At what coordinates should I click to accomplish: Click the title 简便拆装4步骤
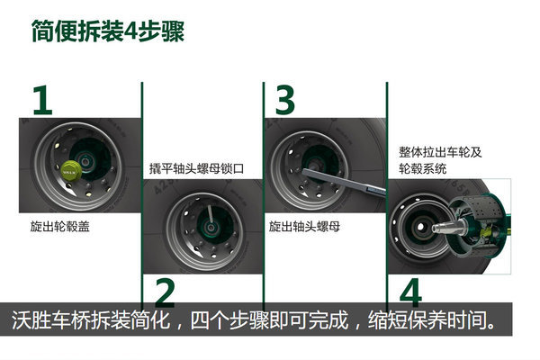click(x=108, y=31)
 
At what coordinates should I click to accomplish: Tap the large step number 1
click(x=42, y=100)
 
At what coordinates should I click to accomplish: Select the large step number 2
click(x=165, y=292)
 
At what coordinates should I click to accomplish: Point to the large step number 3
click(x=284, y=100)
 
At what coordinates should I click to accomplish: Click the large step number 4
click(x=410, y=292)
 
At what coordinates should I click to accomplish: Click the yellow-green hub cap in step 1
click(x=72, y=169)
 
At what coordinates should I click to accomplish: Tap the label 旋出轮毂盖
click(x=59, y=226)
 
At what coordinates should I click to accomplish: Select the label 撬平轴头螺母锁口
click(x=196, y=168)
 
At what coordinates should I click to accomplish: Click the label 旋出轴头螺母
click(x=304, y=226)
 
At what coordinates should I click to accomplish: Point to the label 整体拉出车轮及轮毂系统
click(x=440, y=160)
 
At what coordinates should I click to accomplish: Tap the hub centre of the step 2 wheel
click(x=210, y=227)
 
